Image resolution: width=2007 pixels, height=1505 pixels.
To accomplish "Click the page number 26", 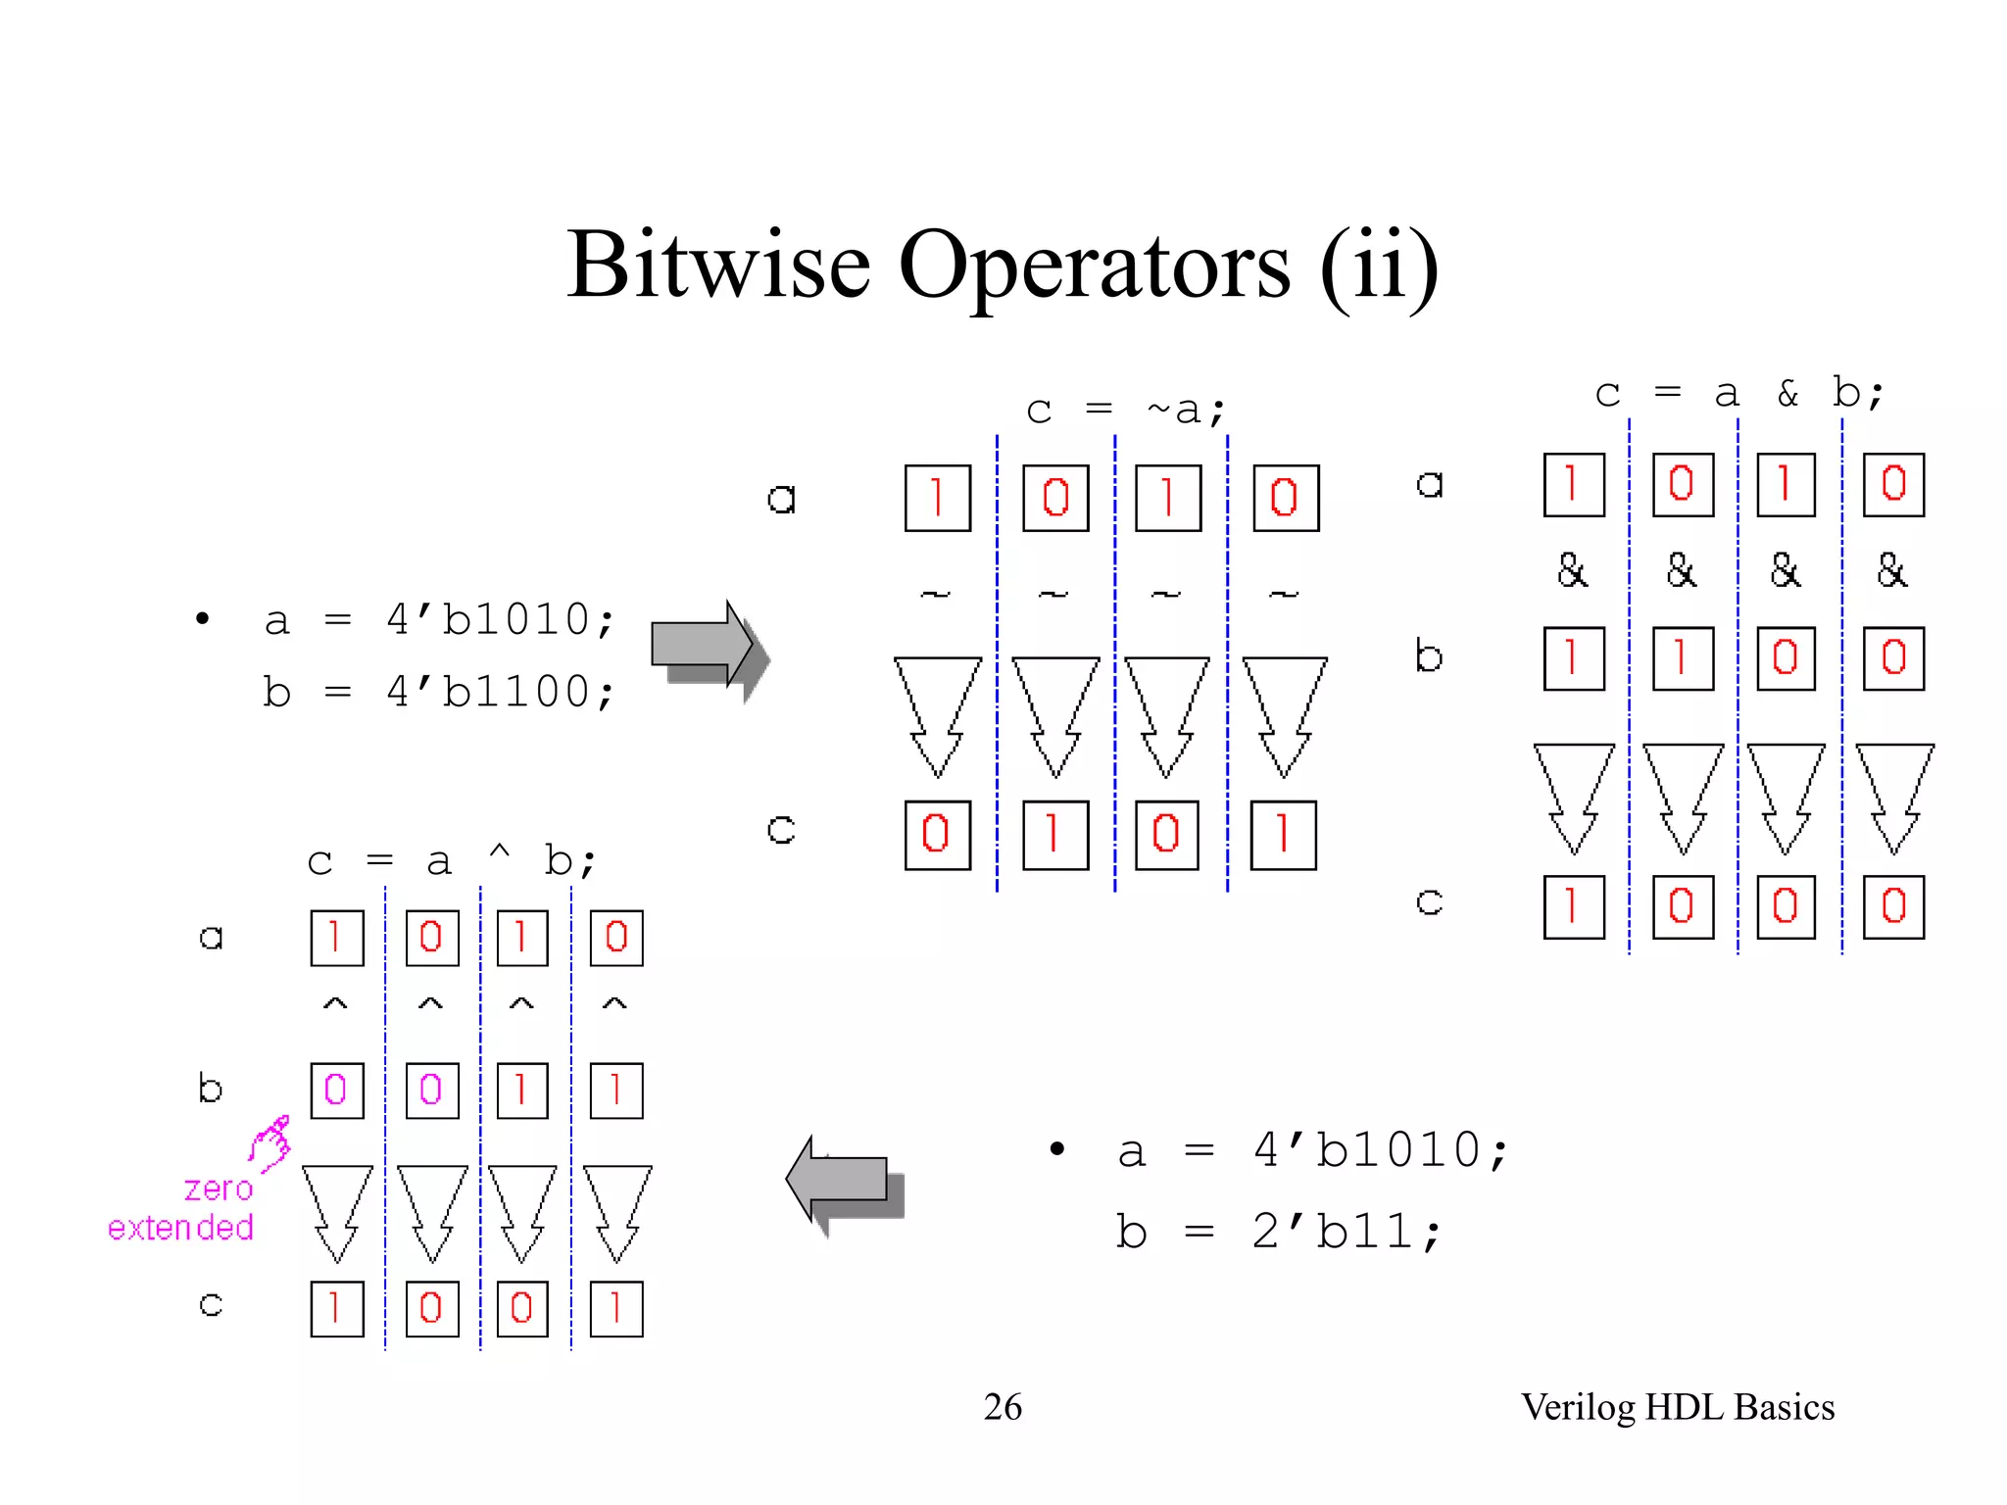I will point(1003,1407).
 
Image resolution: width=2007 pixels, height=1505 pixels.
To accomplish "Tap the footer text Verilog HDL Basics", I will point(1677,1407).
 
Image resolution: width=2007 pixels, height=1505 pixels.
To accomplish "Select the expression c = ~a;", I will point(1125,410).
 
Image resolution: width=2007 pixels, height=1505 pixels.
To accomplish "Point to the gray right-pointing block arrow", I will point(708,649).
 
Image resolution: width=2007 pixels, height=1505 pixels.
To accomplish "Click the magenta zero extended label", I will point(182,1208).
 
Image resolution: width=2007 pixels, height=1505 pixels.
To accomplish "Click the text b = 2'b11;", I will point(1278,1232).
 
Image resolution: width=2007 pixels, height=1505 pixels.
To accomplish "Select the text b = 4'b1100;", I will point(439,692).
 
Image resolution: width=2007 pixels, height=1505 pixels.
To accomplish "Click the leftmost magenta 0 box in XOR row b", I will point(336,1091).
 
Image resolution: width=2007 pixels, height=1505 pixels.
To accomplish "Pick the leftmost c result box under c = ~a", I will point(937,835).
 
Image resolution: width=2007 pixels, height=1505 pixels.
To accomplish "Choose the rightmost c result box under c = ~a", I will point(1283,835).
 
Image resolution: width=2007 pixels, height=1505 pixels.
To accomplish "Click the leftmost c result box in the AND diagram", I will point(1573,906).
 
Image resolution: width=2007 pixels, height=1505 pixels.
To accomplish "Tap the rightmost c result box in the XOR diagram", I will point(615,1308).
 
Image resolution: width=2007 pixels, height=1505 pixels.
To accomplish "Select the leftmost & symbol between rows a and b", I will point(1572,570).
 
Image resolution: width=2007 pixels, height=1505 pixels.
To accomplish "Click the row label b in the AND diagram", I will point(1428,655).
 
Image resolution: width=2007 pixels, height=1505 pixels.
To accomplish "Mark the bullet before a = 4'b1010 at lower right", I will point(1056,1149).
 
